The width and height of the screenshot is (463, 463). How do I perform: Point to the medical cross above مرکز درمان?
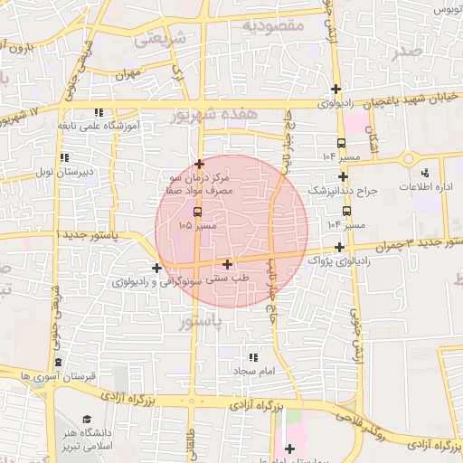[x=199, y=164]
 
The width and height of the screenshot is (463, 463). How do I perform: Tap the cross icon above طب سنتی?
[x=226, y=264]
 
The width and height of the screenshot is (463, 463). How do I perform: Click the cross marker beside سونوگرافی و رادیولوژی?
[x=157, y=268]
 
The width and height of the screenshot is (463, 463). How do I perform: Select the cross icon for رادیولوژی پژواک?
[x=339, y=247]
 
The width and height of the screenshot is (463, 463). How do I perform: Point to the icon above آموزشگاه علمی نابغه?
[x=99, y=112]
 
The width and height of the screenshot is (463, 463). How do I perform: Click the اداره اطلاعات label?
[x=420, y=186]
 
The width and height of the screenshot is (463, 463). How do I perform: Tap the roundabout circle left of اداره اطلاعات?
[x=408, y=159]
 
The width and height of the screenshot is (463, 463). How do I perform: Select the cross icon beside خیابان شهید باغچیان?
[x=336, y=89]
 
